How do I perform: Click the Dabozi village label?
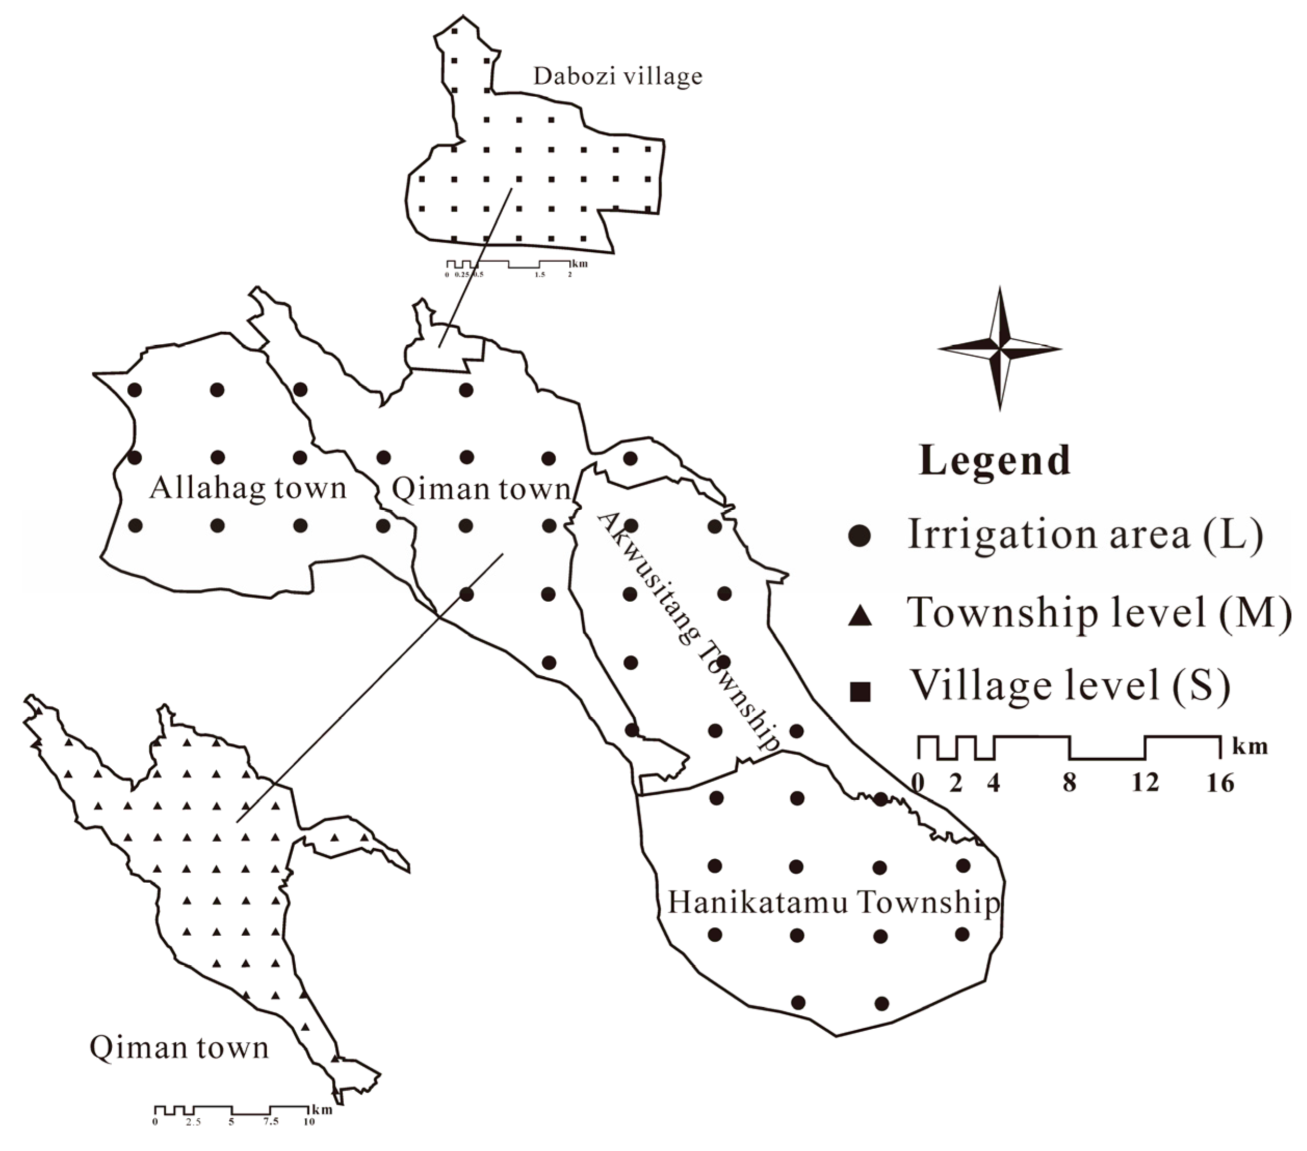pos(618,77)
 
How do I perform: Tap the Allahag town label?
pos(247,489)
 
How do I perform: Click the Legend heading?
pos(995,461)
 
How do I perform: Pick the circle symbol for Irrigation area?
pos(861,536)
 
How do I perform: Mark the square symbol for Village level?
pos(861,692)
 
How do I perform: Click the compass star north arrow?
pos(999,348)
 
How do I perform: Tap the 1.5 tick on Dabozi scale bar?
pos(540,275)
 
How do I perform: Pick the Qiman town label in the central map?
pos(481,489)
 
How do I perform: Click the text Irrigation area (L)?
pos(1086,534)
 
